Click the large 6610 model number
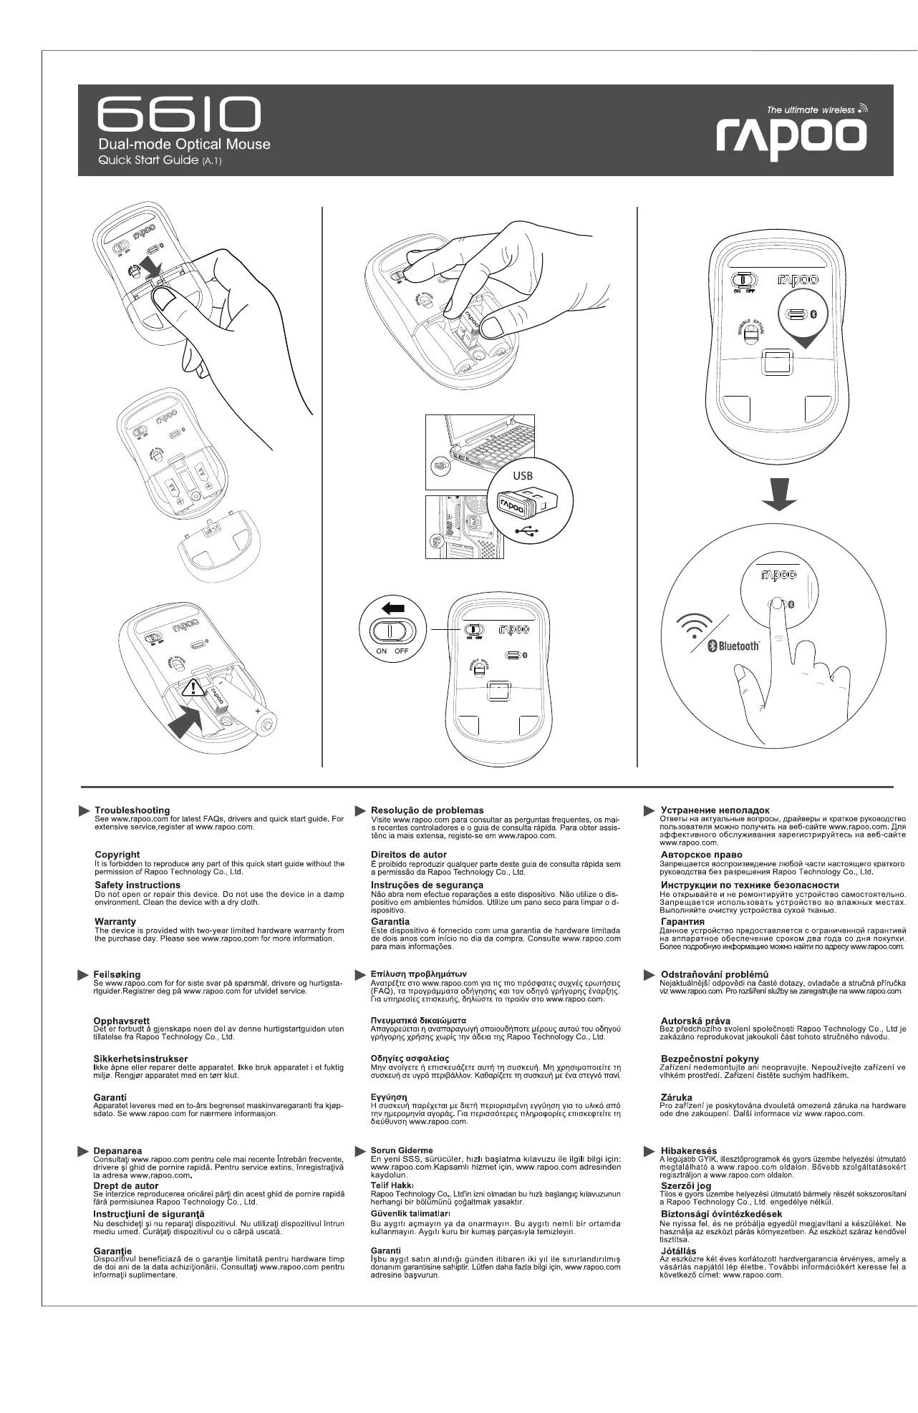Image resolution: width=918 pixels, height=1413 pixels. coord(179,115)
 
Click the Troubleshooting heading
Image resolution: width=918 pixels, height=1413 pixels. coord(132,810)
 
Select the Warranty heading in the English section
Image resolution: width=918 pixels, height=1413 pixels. coord(115,921)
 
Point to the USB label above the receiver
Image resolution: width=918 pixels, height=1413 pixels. coord(523,475)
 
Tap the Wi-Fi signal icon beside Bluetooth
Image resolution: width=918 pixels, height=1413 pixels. coord(693,628)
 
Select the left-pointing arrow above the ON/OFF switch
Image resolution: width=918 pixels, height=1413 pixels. coord(393,608)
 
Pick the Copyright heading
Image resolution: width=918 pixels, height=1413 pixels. coord(117,855)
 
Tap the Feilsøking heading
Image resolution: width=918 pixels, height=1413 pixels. coord(117,974)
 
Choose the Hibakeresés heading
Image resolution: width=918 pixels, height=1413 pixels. coord(688,1150)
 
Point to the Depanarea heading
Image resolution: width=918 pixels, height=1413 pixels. coord(118,1150)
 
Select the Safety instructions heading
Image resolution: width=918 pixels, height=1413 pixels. coord(137,885)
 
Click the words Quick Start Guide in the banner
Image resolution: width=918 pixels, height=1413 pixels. coord(148,160)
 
